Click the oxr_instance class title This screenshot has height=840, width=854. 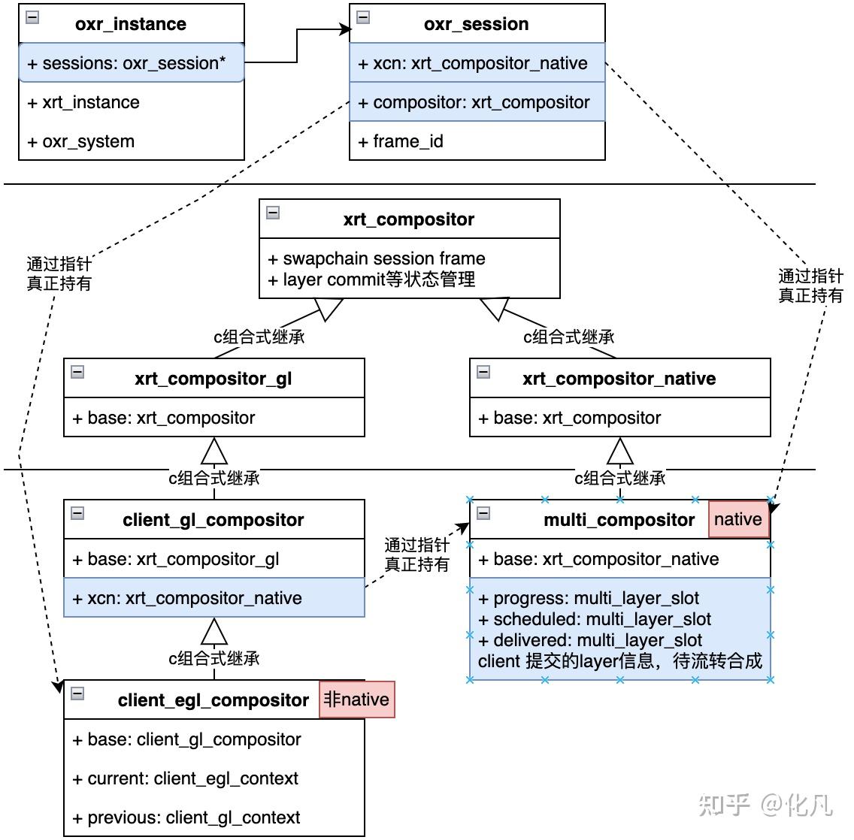tap(131, 24)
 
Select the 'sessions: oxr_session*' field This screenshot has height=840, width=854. tap(132, 63)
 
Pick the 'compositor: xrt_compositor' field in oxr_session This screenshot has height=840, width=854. tap(477, 102)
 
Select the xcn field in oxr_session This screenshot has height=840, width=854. tap(477, 63)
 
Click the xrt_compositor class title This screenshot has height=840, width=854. tap(409, 219)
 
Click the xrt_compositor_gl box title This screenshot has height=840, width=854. tap(214, 379)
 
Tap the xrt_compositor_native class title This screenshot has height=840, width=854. tap(619, 379)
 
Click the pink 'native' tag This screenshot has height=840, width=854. tap(738, 520)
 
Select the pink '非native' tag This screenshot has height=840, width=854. tap(356, 699)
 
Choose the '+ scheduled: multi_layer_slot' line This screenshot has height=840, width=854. tap(595, 619)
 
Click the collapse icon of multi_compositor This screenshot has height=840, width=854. tap(483, 513)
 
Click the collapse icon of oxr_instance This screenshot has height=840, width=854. tap(32, 17)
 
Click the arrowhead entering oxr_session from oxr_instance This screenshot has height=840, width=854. tap(346, 30)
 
